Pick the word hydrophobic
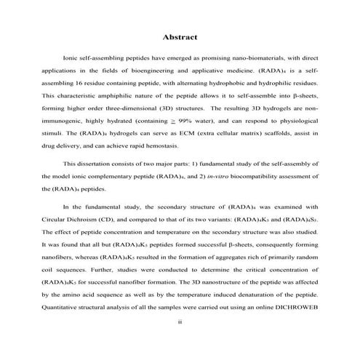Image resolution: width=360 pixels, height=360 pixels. [241, 84]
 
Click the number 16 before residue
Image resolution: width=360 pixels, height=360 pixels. [79, 84]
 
